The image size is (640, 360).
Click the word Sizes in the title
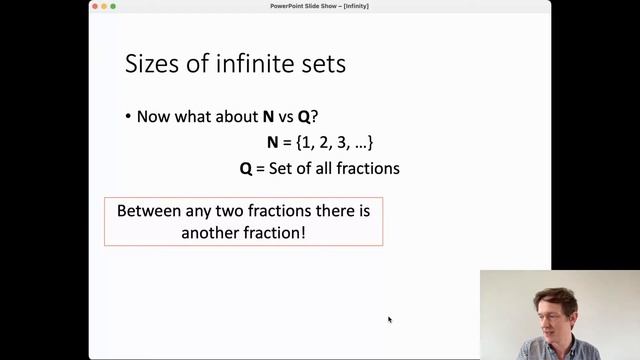pos(148,65)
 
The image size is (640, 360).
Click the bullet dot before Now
pos(128,117)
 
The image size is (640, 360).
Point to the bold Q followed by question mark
pos(304,117)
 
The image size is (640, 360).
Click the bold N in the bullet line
pos(268,117)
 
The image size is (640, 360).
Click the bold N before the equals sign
pos(272,143)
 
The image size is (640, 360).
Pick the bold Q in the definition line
pos(246,169)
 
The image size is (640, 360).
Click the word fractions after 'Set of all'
pos(367,169)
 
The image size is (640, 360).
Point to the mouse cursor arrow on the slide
pos(389,319)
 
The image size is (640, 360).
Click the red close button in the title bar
pos(96,6)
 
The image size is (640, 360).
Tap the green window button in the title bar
pos(113,6)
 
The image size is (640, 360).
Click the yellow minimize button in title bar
pos(104,6)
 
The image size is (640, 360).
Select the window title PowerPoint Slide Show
pos(319,6)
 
